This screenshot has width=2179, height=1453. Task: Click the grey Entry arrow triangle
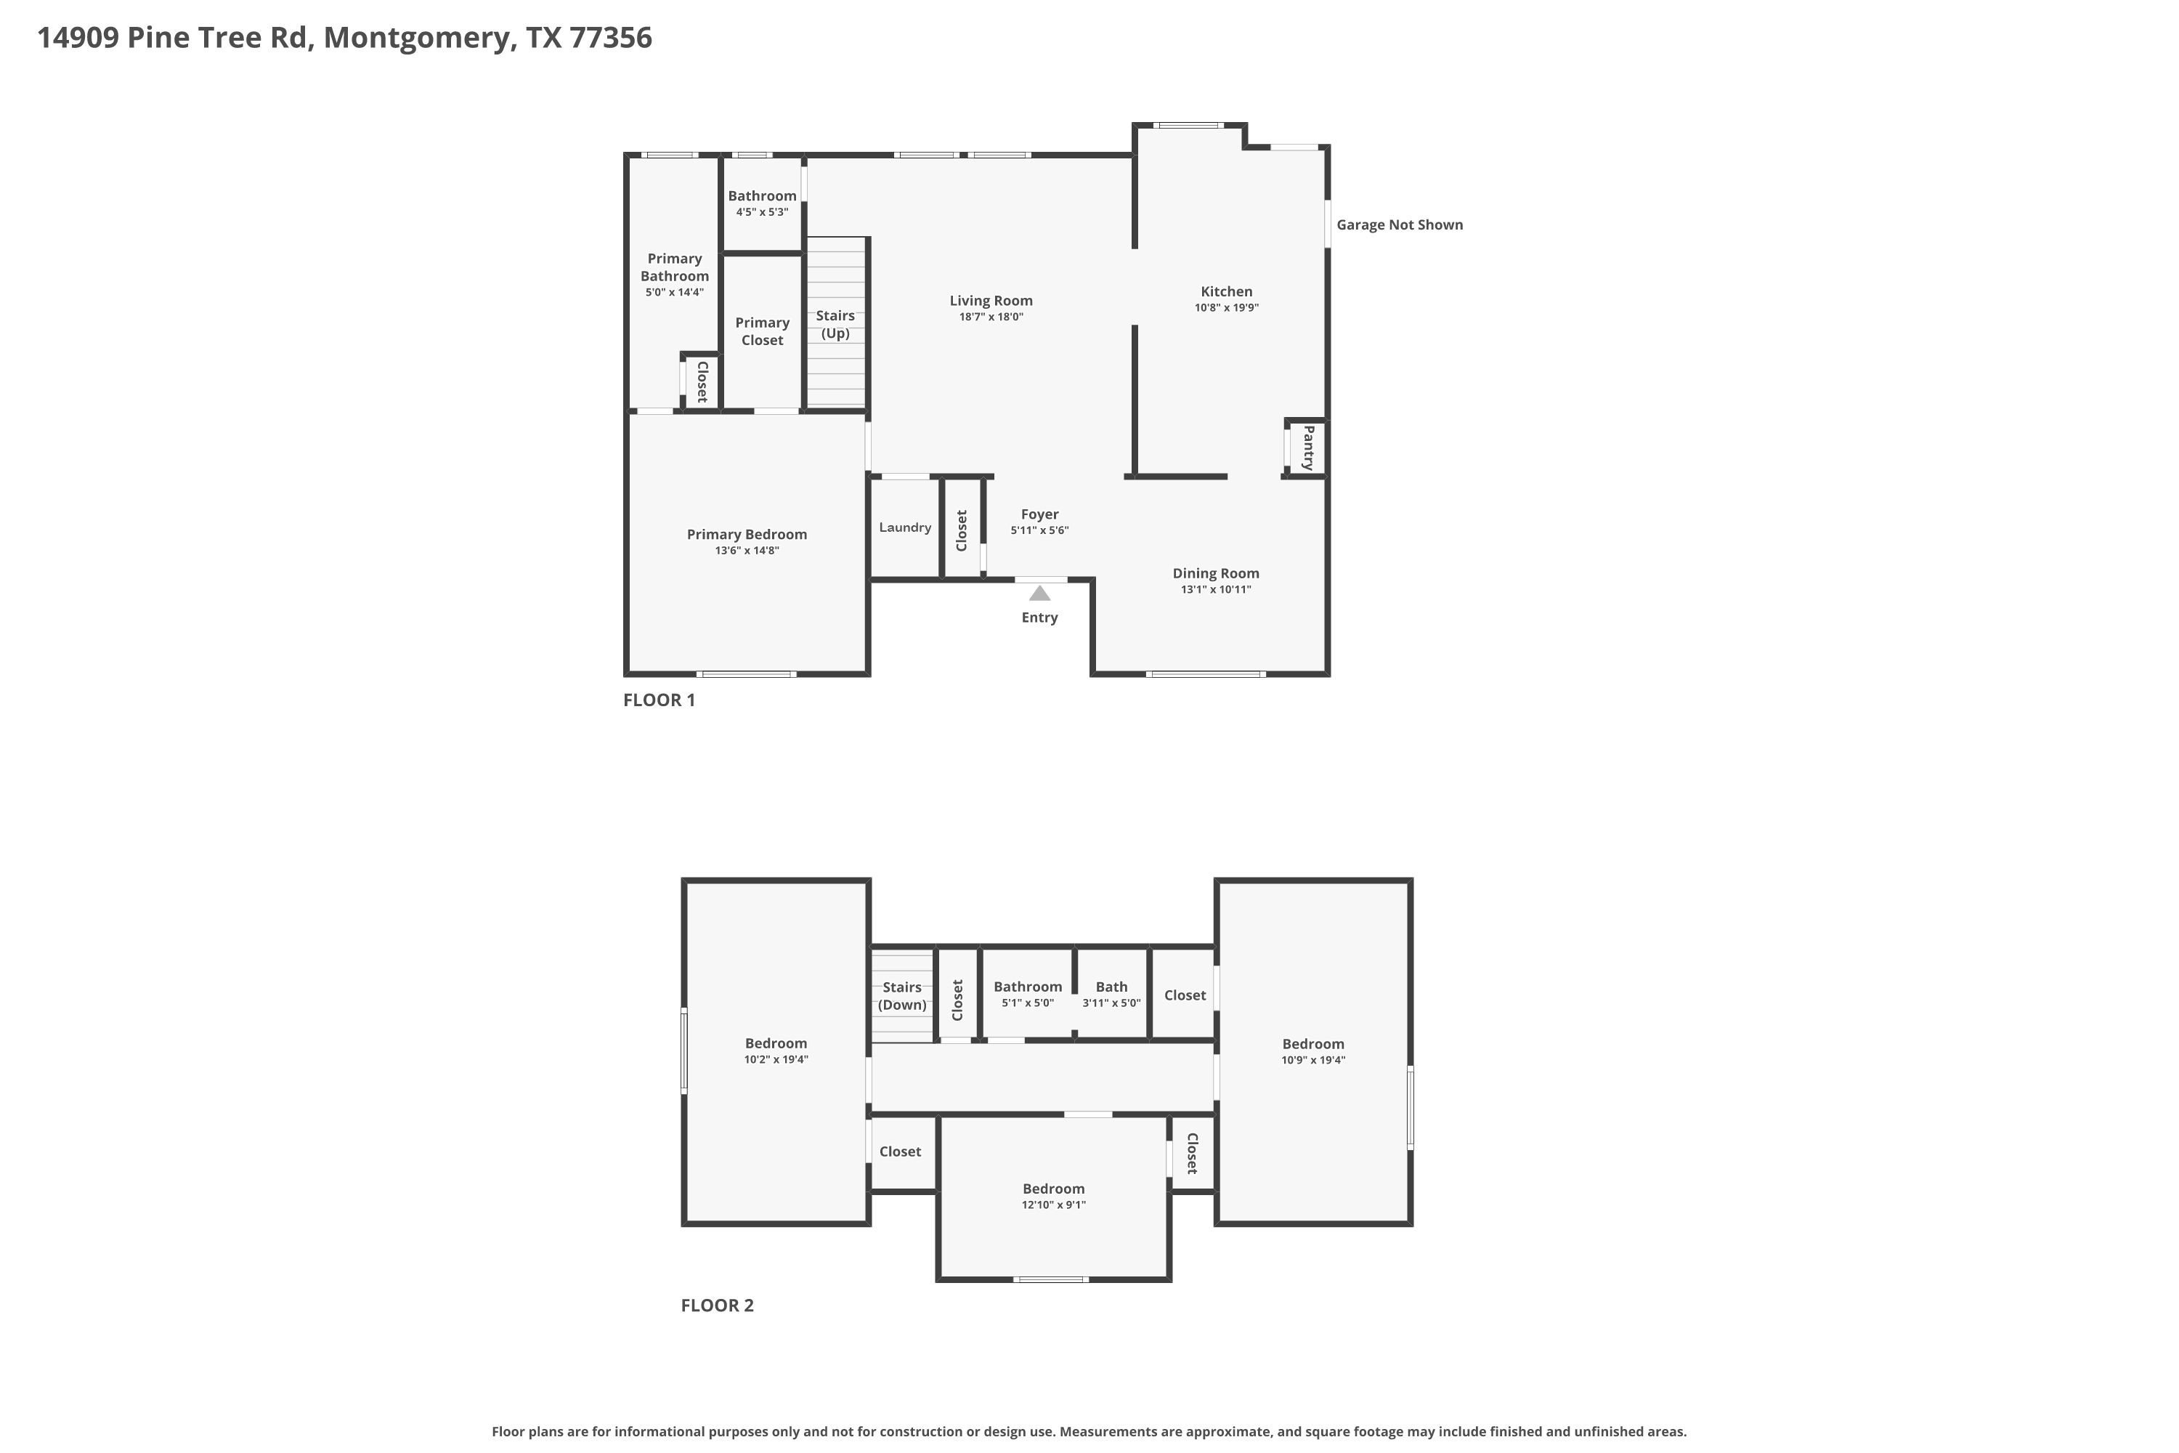pyautogui.click(x=1039, y=593)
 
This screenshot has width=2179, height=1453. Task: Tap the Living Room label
pyautogui.click(x=991, y=300)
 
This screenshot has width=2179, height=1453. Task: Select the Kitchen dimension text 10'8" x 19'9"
pyautogui.click(x=1227, y=307)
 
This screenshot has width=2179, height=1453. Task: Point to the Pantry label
pyautogui.click(x=1308, y=448)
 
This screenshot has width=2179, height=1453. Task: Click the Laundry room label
pyautogui.click(x=905, y=527)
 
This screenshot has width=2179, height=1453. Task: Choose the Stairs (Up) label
pyautogui.click(x=836, y=324)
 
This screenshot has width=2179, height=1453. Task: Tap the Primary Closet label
pyautogui.click(x=763, y=331)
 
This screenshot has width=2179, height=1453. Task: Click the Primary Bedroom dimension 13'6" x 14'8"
pyautogui.click(x=747, y=551)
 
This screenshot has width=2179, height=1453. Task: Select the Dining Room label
pyautogui.click(x=1215, y=572)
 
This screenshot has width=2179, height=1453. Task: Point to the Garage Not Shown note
pyautogui.click(x=1400, y=224)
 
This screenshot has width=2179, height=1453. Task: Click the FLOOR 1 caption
pyautogui.click(x=659, y=700)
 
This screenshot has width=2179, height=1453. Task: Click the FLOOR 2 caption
pyautogui.click(x=717, y=1305)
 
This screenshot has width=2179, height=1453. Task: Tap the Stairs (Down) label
pyautogui.click(x=902, y=996)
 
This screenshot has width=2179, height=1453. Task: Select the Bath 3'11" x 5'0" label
pyautogui.click(x=1112, y=995)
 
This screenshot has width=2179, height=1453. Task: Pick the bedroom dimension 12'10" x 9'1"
pyautogui.click(x=1053, y=1205)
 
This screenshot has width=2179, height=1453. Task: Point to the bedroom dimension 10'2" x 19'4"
pyautogui.click(x=776, y=1059)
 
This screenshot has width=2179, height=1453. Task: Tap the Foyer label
pyautogui.click(x=1039, y=514)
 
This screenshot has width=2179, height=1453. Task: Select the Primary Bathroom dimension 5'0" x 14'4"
pyautogui.click(x=675, y=292)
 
